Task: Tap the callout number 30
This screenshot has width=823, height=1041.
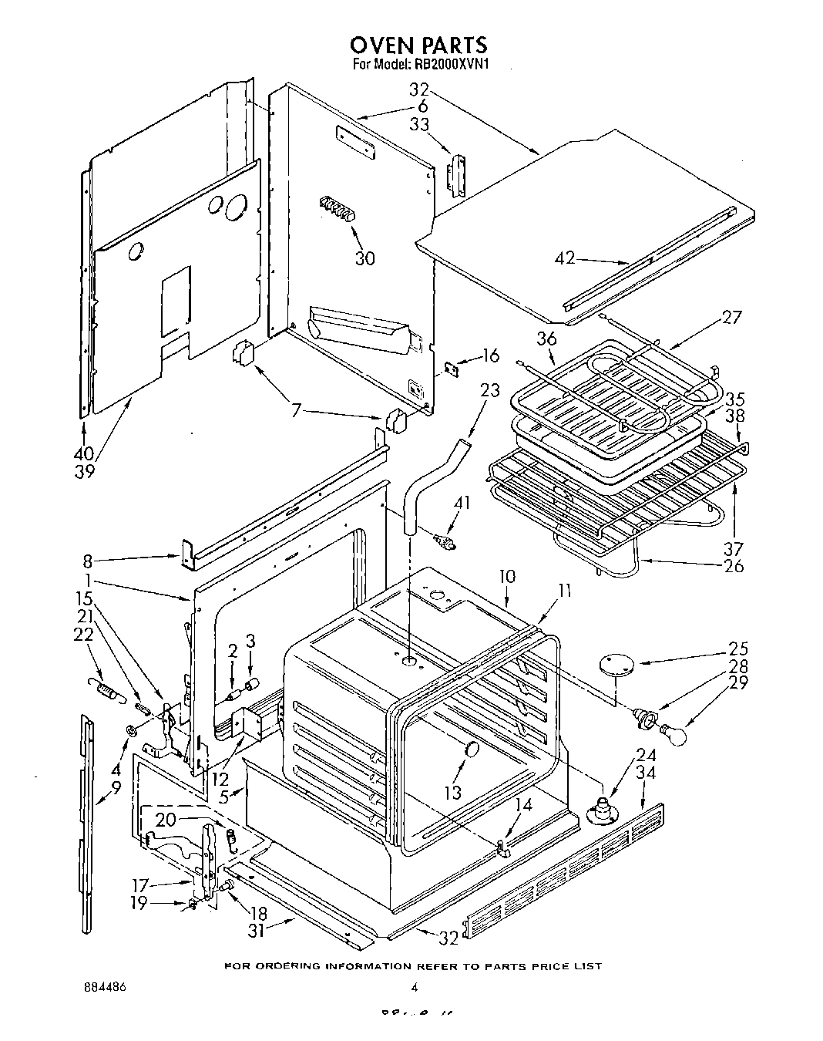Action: tap(365, 258)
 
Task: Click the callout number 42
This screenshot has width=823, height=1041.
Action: tap(565, 258)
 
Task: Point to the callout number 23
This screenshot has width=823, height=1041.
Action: tap(489, 390)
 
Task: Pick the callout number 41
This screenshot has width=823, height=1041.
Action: tap(461, 504)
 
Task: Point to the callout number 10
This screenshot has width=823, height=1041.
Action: tap(506, 576)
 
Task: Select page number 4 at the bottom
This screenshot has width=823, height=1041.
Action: tap(414, 987)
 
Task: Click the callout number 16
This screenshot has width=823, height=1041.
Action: tap(490, 355)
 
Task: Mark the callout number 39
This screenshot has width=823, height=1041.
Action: tap(84, 471)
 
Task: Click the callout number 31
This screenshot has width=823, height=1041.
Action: tap(257, 931)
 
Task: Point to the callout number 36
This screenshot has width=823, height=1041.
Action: tap(546, 339)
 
